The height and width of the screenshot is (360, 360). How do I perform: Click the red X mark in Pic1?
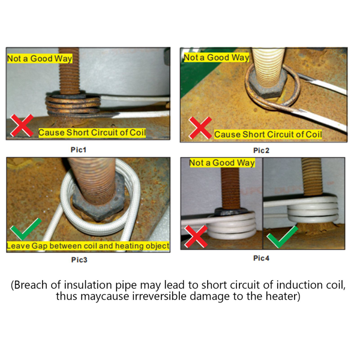(x=22, y=125)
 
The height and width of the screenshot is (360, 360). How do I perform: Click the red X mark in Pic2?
(x=200, y=128)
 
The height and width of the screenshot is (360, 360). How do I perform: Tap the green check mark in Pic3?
(x=26, y=229)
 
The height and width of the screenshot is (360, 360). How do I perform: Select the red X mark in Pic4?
(x=196, y=236)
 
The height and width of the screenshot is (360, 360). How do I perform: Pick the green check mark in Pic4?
(x=283, y=237)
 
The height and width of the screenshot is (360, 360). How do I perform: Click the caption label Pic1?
(x=79, y=149)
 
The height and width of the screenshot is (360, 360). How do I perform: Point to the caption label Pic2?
(x=261, y=151)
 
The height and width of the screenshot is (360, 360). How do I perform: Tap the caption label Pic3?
(x=79, y=260)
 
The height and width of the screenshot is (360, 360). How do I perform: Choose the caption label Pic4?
(x=261, y=258)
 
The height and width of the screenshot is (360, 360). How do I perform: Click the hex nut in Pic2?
(x=268, y=85)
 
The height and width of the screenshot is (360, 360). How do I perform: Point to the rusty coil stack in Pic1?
(x=73, y=105)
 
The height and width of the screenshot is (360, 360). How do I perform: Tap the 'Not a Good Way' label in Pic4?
(x=222, y=163)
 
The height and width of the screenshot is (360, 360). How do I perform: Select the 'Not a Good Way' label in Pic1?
(x=40, y=58)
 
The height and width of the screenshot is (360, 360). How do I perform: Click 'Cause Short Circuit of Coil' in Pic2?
(x=268, y=134)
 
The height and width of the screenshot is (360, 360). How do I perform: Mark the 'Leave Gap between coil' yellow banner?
(x=88, y=245)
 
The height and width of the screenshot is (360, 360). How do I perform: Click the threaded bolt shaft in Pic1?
(x=69, y=71)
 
